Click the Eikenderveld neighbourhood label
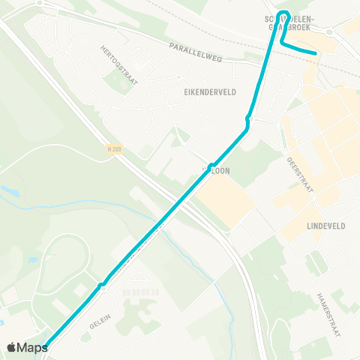pyautogui.click(x=210, y=91)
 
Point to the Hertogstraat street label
pyautogui.click(x=119, y=64)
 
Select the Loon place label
pyautogui.click(x=218, y=171)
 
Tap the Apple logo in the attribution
pyautogui.click(x=11, y=347)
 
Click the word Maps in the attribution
pyautogui.click(x=32, y=347)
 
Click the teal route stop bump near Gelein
pyautogui.click(x=100, y=284)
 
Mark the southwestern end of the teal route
pyautogui.click(x=46, y=346)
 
